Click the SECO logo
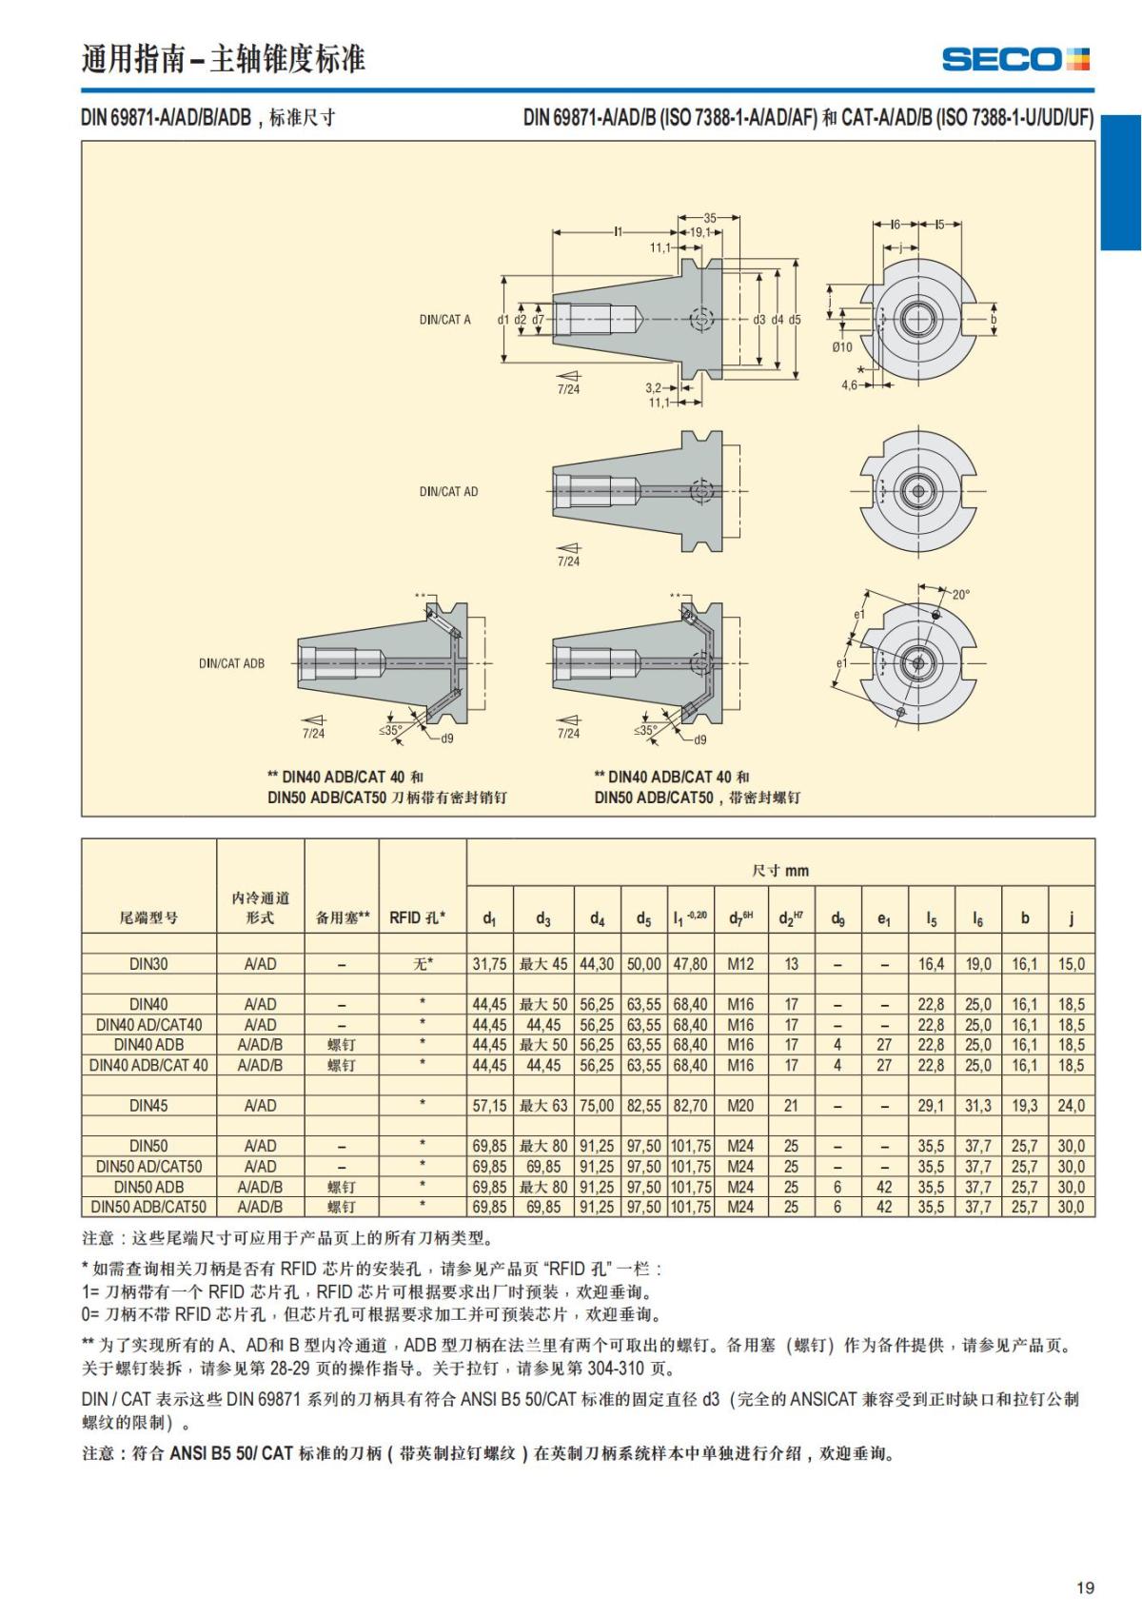tap(1015, 59)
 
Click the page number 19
tap(1085, 1587)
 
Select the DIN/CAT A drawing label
tap(444, 320)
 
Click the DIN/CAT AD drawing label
tap(448, 492)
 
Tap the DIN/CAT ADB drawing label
tap(231, 663)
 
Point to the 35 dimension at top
tap(710, 218)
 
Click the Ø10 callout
tap(842, 347)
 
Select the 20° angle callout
tap(960, 595)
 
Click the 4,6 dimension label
tap(849, 385)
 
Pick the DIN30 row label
tap(148, 964)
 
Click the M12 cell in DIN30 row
tap(740, 964)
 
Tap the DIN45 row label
tap(148, 1106)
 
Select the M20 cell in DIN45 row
tap(740, 1106)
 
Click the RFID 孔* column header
tap(417, 917)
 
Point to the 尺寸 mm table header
tap(780, 870)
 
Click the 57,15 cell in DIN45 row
tap(489, 1106)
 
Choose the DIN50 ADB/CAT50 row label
tap(148, 1207)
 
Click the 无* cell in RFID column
tap(423, 964)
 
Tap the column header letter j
tap(1071, 917)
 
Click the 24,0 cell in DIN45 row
tap(1071, 1106)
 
